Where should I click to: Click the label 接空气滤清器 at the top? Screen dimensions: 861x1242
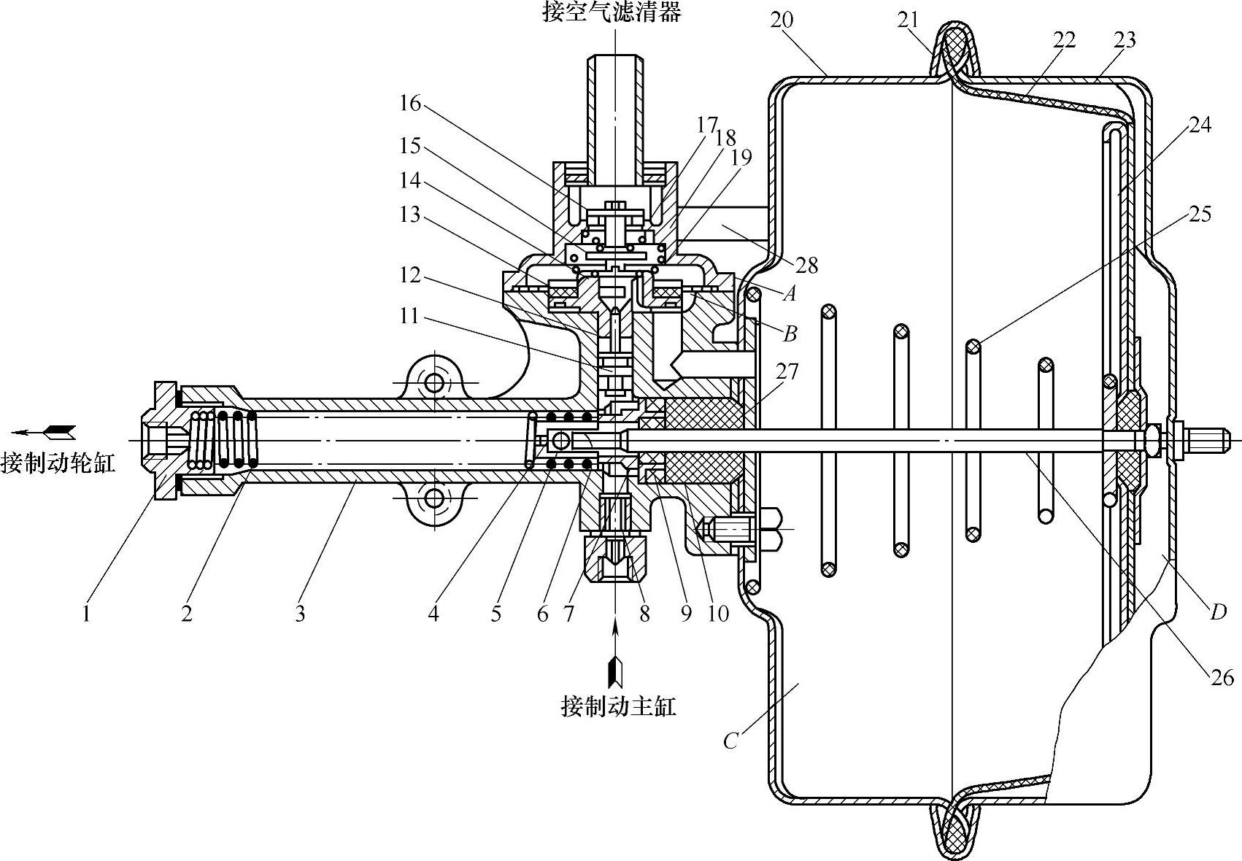612,12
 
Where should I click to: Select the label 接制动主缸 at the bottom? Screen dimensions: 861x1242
618,706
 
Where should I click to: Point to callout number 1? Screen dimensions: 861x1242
86,614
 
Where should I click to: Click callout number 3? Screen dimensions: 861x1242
300,614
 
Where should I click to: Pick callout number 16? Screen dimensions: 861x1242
410,104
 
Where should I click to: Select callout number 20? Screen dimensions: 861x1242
782,20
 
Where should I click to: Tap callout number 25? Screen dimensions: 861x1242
1200,215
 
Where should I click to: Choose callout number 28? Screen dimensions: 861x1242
807,265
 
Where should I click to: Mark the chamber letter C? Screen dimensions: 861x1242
731,741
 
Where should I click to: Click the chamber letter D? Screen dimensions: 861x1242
1217,611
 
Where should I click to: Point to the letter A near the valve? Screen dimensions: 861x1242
788,294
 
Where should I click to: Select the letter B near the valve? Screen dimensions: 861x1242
790,334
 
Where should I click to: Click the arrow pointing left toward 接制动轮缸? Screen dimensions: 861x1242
44,432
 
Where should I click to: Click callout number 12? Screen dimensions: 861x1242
409,275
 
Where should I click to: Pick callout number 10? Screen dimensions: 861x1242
718,614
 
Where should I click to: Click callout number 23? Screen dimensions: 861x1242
1125,39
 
